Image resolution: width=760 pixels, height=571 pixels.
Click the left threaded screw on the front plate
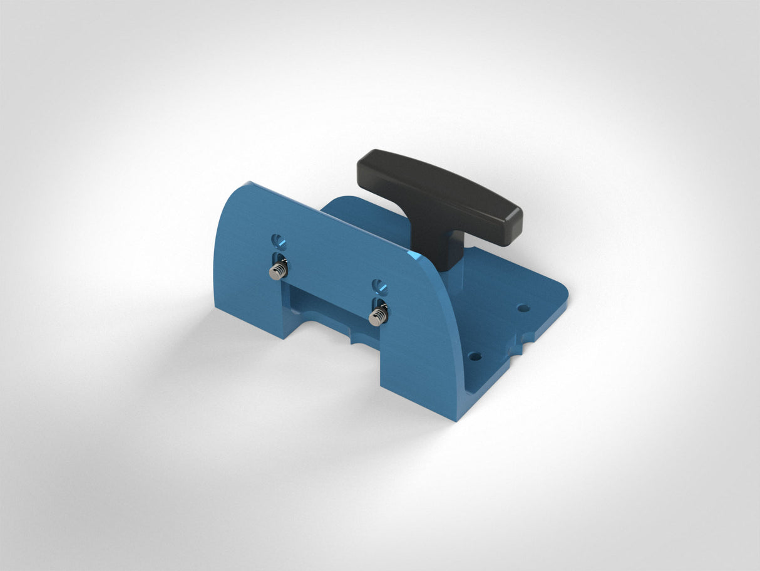pyautogui.click(x=277, y=270)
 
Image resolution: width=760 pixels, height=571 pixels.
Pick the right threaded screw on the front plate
pyautogui.click(x=377, y=316)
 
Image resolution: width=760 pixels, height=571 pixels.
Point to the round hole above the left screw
pyautogui.click(x=278, y=239)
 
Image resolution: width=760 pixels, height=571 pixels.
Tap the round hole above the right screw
pyautogui.click(x=378, y=286)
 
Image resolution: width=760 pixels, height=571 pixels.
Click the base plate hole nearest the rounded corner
pyautogui.click(x=521, y=308)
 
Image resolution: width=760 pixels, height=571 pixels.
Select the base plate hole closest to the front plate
pyautogui.click(x=475, y=357)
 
